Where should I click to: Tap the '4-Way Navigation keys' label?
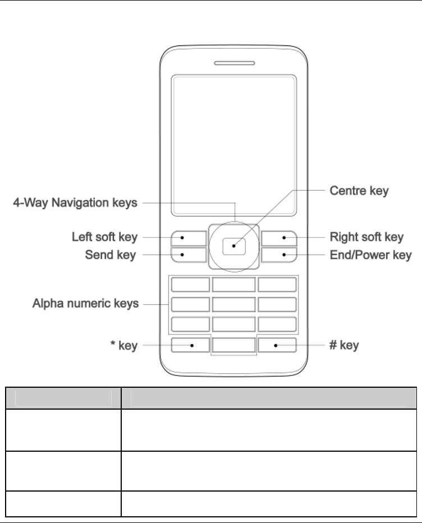(75, 203)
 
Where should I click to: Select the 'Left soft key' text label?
(104, 237)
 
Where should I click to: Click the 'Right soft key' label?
(366, 237)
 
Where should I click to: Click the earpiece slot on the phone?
(234, 63)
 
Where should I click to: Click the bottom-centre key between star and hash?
(234, 346)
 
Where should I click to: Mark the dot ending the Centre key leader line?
(233, 245)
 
